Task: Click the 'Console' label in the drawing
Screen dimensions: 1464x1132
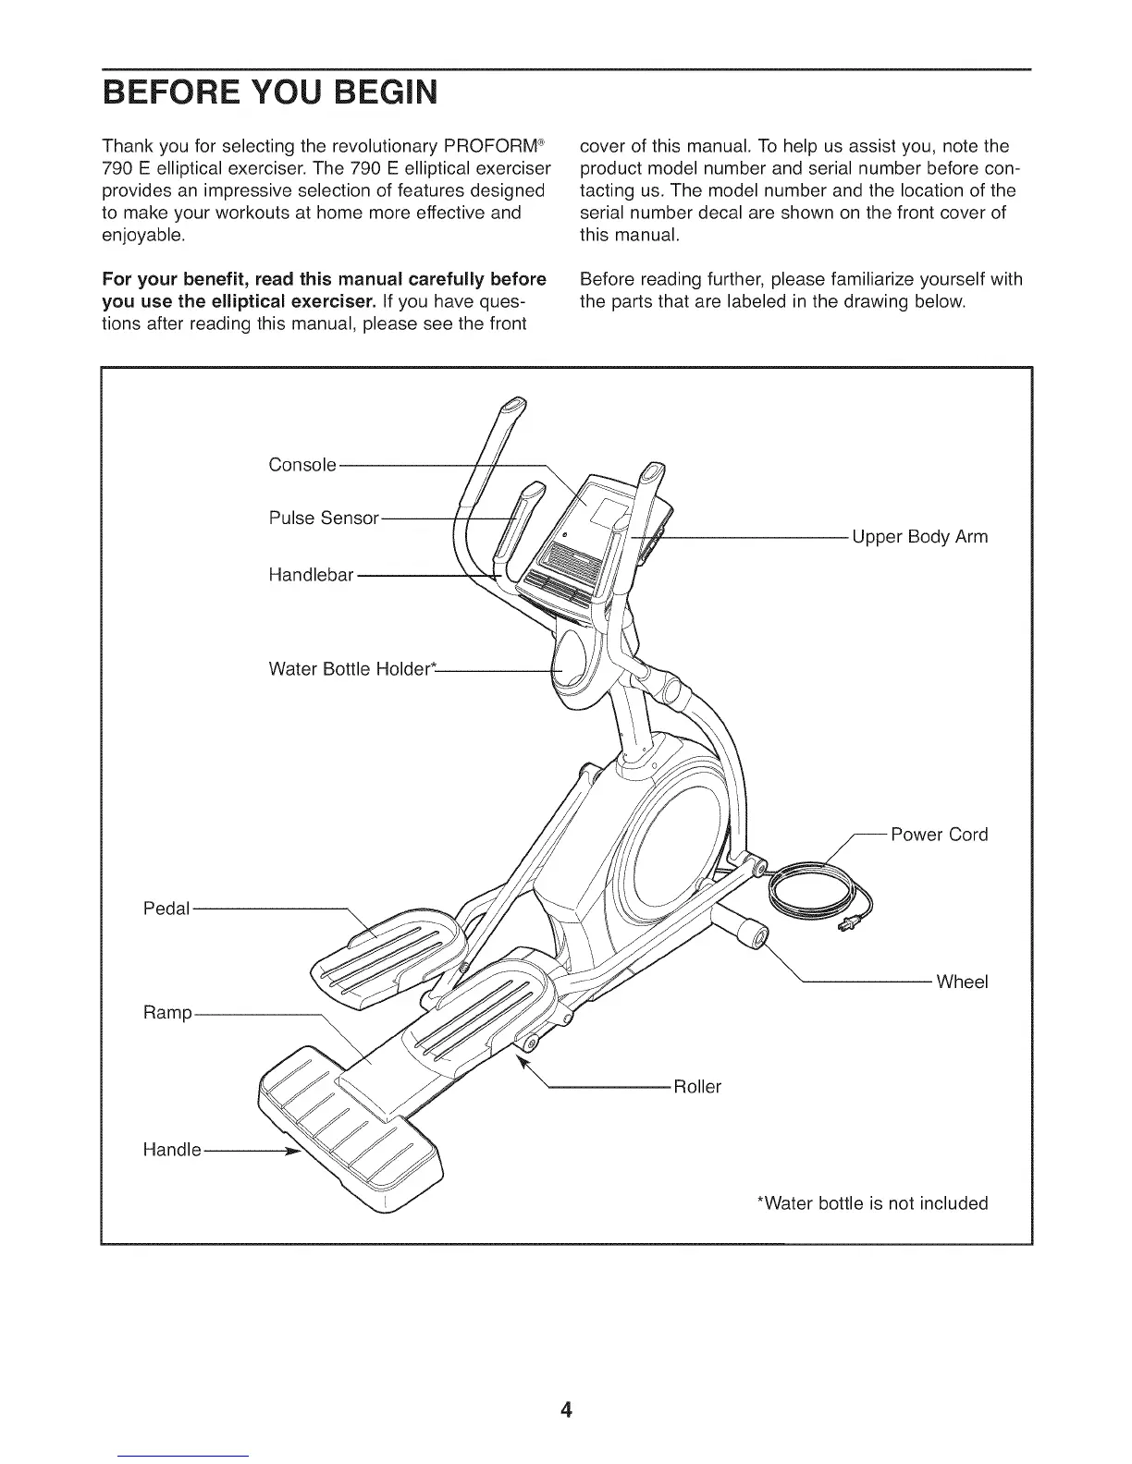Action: (301, 464)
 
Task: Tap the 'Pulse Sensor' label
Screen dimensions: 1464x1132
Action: (324, 518)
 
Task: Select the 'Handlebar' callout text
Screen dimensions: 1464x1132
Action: (311, 575)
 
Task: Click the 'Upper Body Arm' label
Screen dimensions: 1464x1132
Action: (919, 537)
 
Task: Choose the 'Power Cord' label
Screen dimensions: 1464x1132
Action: (939, 835)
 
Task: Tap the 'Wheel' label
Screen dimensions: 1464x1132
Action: (962, 982)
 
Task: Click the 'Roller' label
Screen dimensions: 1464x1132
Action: (696, 1087)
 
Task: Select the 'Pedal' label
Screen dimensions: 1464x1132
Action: (166, 909)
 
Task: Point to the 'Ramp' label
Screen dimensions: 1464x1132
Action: (167, 1013)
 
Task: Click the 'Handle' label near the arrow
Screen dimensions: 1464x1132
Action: (172, 1150)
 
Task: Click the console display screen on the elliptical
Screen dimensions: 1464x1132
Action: (605, 511)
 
